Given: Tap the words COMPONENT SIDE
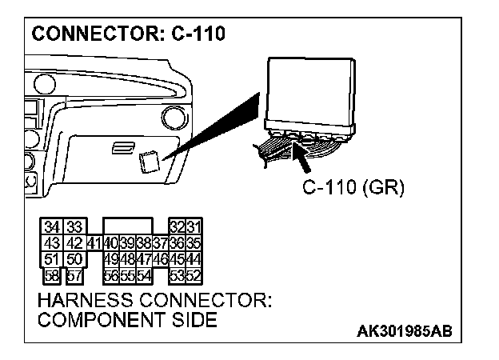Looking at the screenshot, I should (x=127, y=320).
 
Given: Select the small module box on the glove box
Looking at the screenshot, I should (x=148, y=163).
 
